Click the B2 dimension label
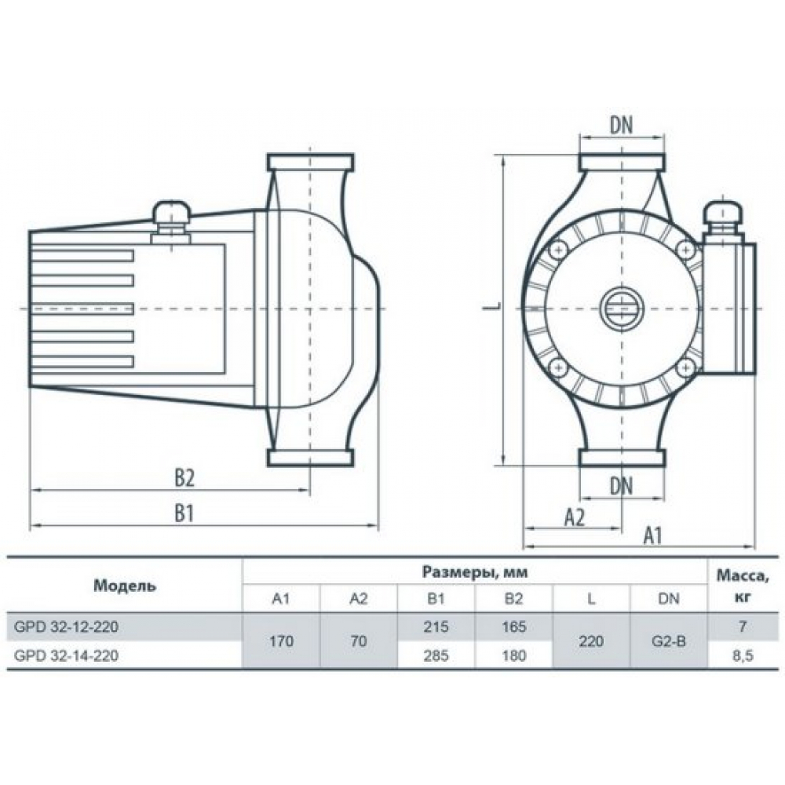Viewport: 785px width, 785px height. tap(184, 479)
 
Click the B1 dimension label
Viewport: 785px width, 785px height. tap(184, 513)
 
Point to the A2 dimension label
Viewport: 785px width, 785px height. tap(575, 517)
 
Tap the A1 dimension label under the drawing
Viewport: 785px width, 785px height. tap(653, 535)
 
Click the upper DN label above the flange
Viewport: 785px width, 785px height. tap(621, 126)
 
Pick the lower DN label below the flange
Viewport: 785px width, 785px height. tap(621, 486)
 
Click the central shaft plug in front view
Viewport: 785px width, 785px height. tap(621, 309)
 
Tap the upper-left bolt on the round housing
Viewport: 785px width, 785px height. tap(557, 249)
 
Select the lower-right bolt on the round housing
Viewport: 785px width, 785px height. tap(685, 369)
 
